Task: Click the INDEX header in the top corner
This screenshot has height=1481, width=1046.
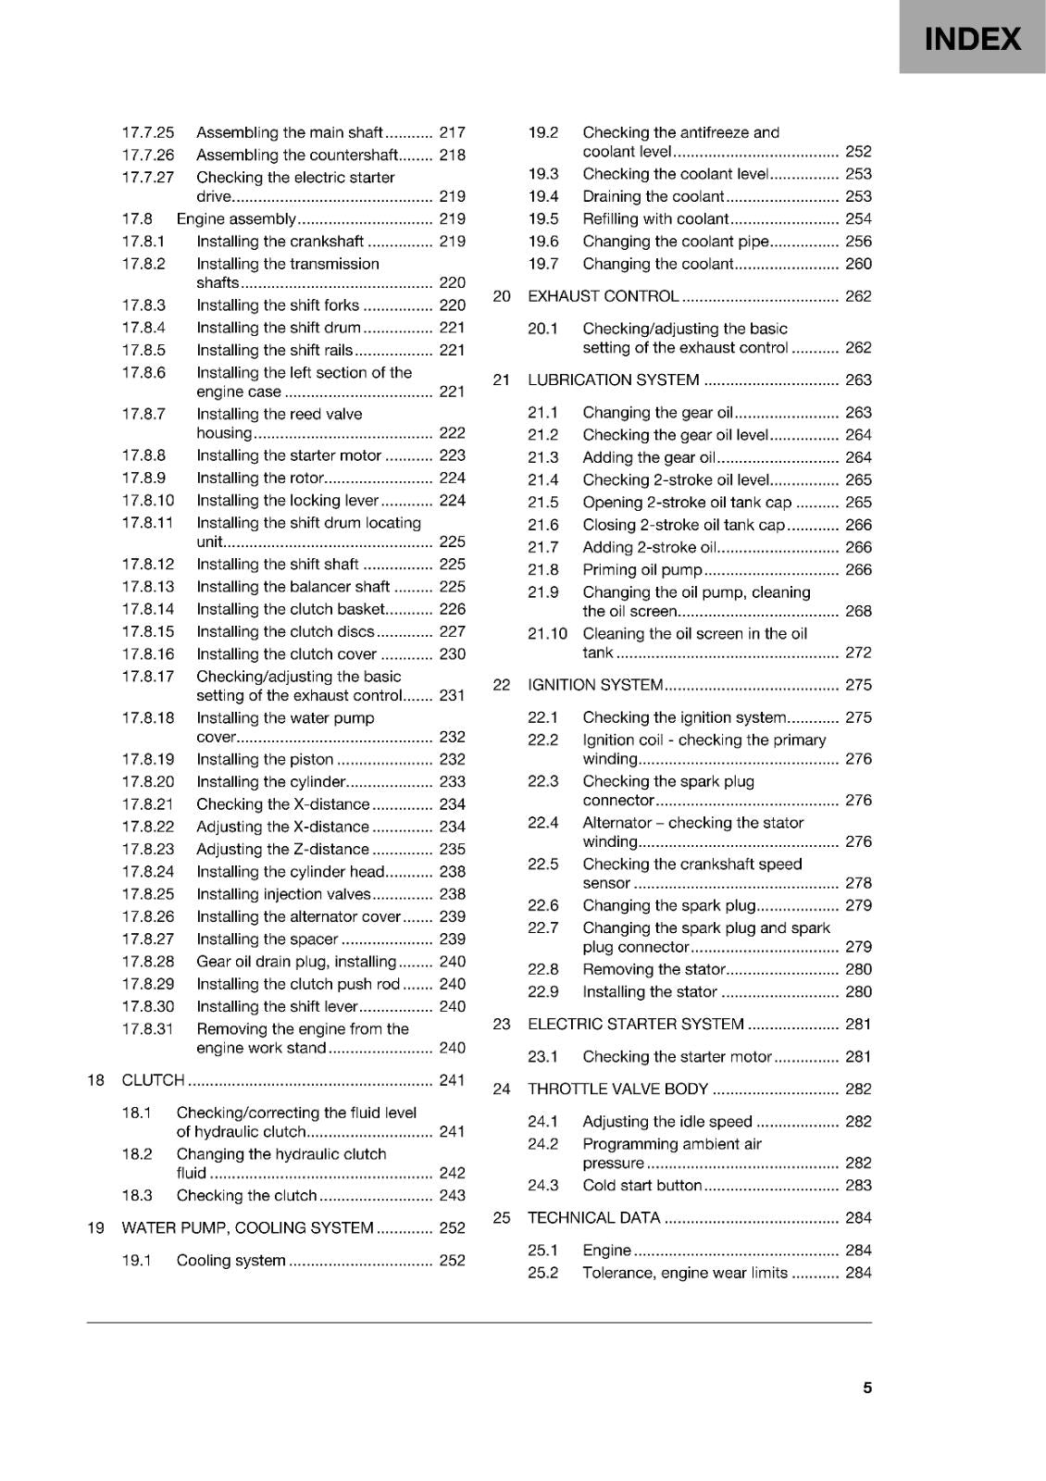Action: [973, 39]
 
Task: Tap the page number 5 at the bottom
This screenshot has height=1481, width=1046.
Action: [867, 1388]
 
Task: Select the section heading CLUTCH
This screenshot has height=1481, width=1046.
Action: [154, 1080]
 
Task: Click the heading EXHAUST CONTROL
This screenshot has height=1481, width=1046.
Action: [603, 296]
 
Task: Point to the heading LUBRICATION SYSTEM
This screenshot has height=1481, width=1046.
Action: [613, 380]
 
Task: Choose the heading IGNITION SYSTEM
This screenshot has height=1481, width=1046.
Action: [595, 685]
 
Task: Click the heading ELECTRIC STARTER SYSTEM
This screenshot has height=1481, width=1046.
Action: [635, 1025]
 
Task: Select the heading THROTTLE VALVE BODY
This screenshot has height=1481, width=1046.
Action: [617, 1089]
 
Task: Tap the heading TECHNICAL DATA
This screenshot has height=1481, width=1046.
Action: [593, 1218]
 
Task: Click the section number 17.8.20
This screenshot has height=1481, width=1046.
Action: [148, 782]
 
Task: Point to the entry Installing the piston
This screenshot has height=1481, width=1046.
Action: [265, 760]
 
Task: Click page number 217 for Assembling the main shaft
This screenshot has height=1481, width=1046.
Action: [453, 132]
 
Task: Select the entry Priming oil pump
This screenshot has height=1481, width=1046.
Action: [642, 570]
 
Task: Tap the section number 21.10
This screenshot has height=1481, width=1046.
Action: [547, 634]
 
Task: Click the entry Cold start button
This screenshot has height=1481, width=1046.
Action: [642, 1186]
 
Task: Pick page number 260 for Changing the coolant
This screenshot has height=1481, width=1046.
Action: [858, 264]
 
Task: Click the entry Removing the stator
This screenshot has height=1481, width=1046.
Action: [654, 970]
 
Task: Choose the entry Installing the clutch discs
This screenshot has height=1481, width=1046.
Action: [285, 632]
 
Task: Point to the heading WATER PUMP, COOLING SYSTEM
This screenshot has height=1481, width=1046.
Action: [247, 1228]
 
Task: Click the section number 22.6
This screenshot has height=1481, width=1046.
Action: [543, 906]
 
